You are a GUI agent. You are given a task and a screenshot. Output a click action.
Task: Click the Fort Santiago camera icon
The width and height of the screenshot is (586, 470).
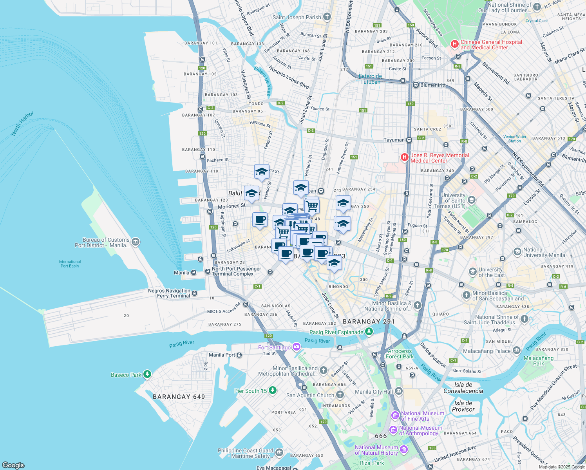[x=297, y=347]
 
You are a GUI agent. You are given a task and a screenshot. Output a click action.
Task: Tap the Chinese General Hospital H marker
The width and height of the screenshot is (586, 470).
[x=454, y=44]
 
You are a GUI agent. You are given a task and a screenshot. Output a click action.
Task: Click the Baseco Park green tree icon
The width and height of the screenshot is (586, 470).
[x=147, y=374]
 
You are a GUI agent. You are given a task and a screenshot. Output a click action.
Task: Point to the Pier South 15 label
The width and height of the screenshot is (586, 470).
[x=250, y=391]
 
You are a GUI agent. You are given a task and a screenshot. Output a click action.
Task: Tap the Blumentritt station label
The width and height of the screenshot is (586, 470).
[x=433, y=85]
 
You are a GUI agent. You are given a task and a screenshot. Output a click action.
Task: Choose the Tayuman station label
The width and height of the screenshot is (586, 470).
[x=394, y=140]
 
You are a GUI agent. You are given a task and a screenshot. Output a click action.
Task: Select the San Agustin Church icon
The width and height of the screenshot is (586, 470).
[x=340, y=395]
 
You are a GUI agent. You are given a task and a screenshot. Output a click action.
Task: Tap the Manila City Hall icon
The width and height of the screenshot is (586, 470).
[x=399, y=391]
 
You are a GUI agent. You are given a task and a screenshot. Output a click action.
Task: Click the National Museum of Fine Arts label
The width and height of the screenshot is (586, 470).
[x=422, y=416]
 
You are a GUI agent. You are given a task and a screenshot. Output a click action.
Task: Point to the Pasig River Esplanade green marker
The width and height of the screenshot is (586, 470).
[x=369, y=332]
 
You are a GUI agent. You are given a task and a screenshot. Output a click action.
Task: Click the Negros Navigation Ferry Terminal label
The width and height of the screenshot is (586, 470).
[x=169, y=293]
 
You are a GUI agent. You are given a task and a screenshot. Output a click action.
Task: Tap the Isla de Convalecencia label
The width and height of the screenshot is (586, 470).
[x=463, y=388]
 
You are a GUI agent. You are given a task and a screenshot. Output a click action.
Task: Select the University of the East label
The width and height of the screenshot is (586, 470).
[x=490, y=272]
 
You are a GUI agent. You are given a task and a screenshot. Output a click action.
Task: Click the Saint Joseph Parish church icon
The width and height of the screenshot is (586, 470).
[x=327, y=17]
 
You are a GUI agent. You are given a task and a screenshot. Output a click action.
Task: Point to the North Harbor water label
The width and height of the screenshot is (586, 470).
[x=22, y=123]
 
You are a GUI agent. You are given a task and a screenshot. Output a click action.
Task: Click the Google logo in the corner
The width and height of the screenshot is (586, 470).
[x=13, y=465]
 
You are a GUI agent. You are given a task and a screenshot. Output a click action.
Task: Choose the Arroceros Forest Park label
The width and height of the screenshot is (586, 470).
[x=400, y=354]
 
